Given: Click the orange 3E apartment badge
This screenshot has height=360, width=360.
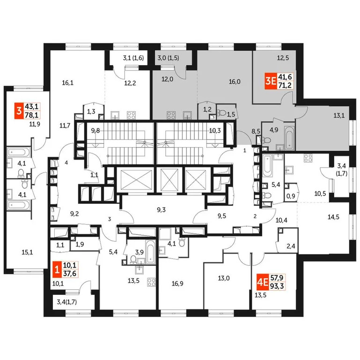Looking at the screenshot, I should (x=270, y=81).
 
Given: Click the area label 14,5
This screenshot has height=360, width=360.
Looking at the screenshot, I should (x=333, y=217).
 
